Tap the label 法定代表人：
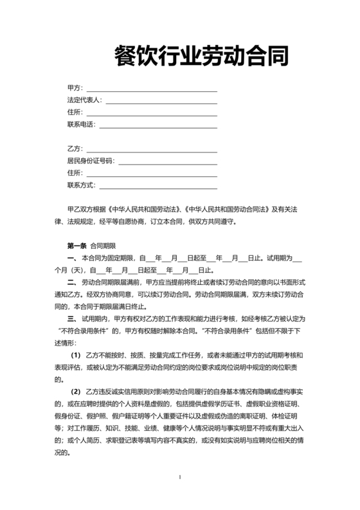[85, 100]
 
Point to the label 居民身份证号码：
[90, 161]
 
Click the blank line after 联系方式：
[157, 187]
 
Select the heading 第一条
[76, 246]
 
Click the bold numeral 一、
[72, 258]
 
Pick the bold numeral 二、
[72, 282]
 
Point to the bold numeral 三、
[72, 318]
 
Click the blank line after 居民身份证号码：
[166, 161]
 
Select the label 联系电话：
[81, 124]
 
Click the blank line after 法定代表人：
[161, 101]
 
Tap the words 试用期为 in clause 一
[279, 258]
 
